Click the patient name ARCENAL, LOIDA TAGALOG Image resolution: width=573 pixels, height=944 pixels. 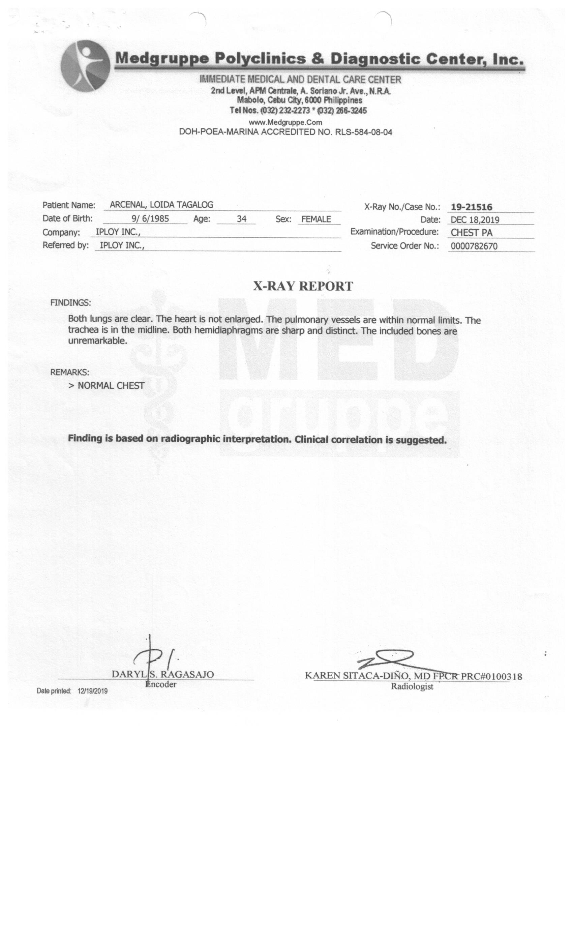click(161, 205)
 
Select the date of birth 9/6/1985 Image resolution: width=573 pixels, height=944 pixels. click(150, 219)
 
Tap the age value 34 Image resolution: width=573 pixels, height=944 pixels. click(241, 219)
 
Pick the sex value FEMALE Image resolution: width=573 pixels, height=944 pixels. click(316, 219)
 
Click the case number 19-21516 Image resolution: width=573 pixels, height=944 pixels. click(471, 207)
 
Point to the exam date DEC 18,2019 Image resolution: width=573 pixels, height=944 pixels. click(475, 220)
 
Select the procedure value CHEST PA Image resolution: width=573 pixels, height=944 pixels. click(472, 233)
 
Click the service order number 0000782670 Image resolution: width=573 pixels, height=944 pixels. click(474, 246)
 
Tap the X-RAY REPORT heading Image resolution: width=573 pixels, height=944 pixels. click(303, 286)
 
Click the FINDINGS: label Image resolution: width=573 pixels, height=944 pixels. click(70, 303)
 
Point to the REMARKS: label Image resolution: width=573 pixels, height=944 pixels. click(70, 372)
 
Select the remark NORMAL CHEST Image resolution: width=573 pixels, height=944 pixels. click(111, 385)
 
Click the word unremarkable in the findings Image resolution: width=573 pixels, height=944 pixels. click(97, 341)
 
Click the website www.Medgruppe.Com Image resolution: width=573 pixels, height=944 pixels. click(285, 123)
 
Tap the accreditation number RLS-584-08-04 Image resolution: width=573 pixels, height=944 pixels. click(363, 132)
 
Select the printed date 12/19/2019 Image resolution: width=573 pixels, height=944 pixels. click(92, 691)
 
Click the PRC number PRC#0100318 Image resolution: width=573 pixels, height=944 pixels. click(491, 676)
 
